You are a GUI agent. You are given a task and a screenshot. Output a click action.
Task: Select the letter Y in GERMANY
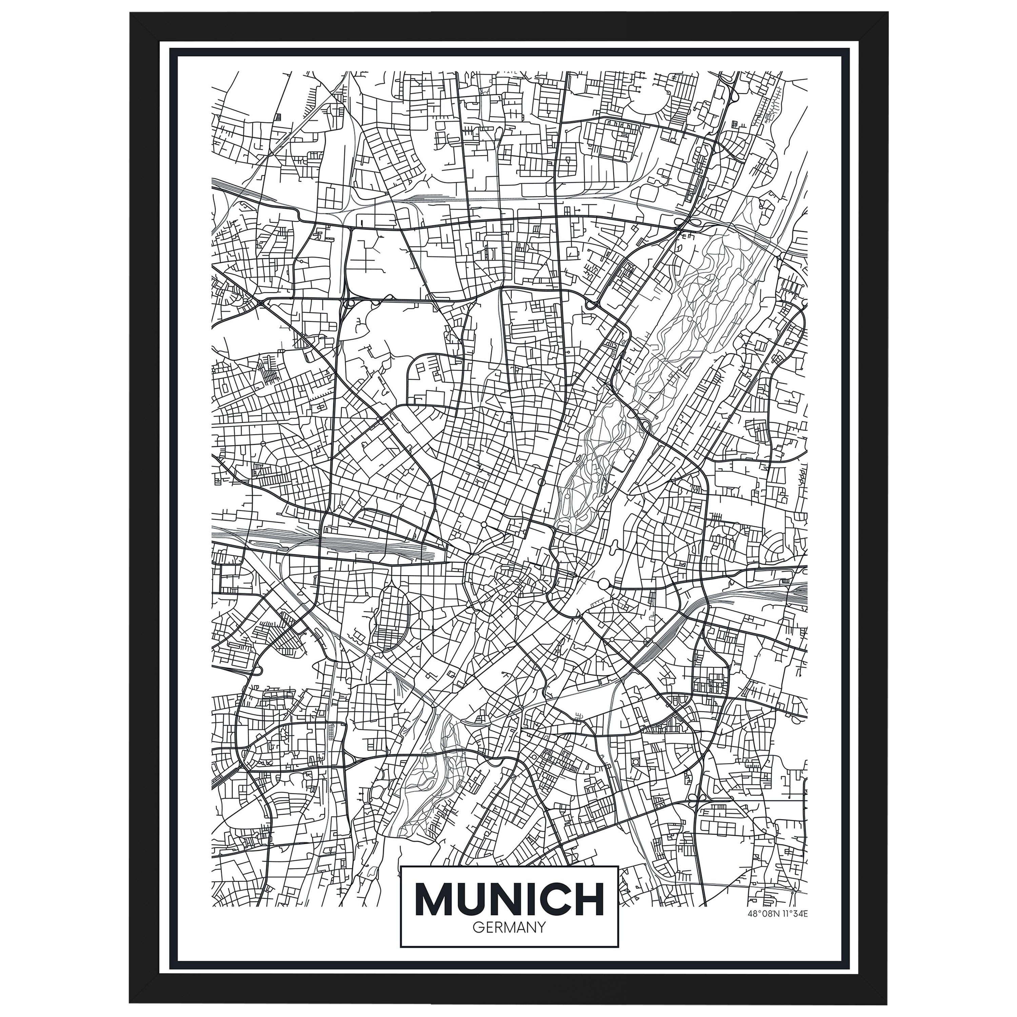click(x=541, y=927)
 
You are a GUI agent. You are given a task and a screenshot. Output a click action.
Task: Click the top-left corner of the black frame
click(x=131, y=14)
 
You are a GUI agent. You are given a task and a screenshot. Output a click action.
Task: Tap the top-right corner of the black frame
click(x=886, y=14)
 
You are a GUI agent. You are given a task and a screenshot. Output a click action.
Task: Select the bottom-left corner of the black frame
click(x=131, y=1002)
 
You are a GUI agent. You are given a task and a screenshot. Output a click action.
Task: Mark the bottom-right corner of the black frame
click(x=886, y=1002)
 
